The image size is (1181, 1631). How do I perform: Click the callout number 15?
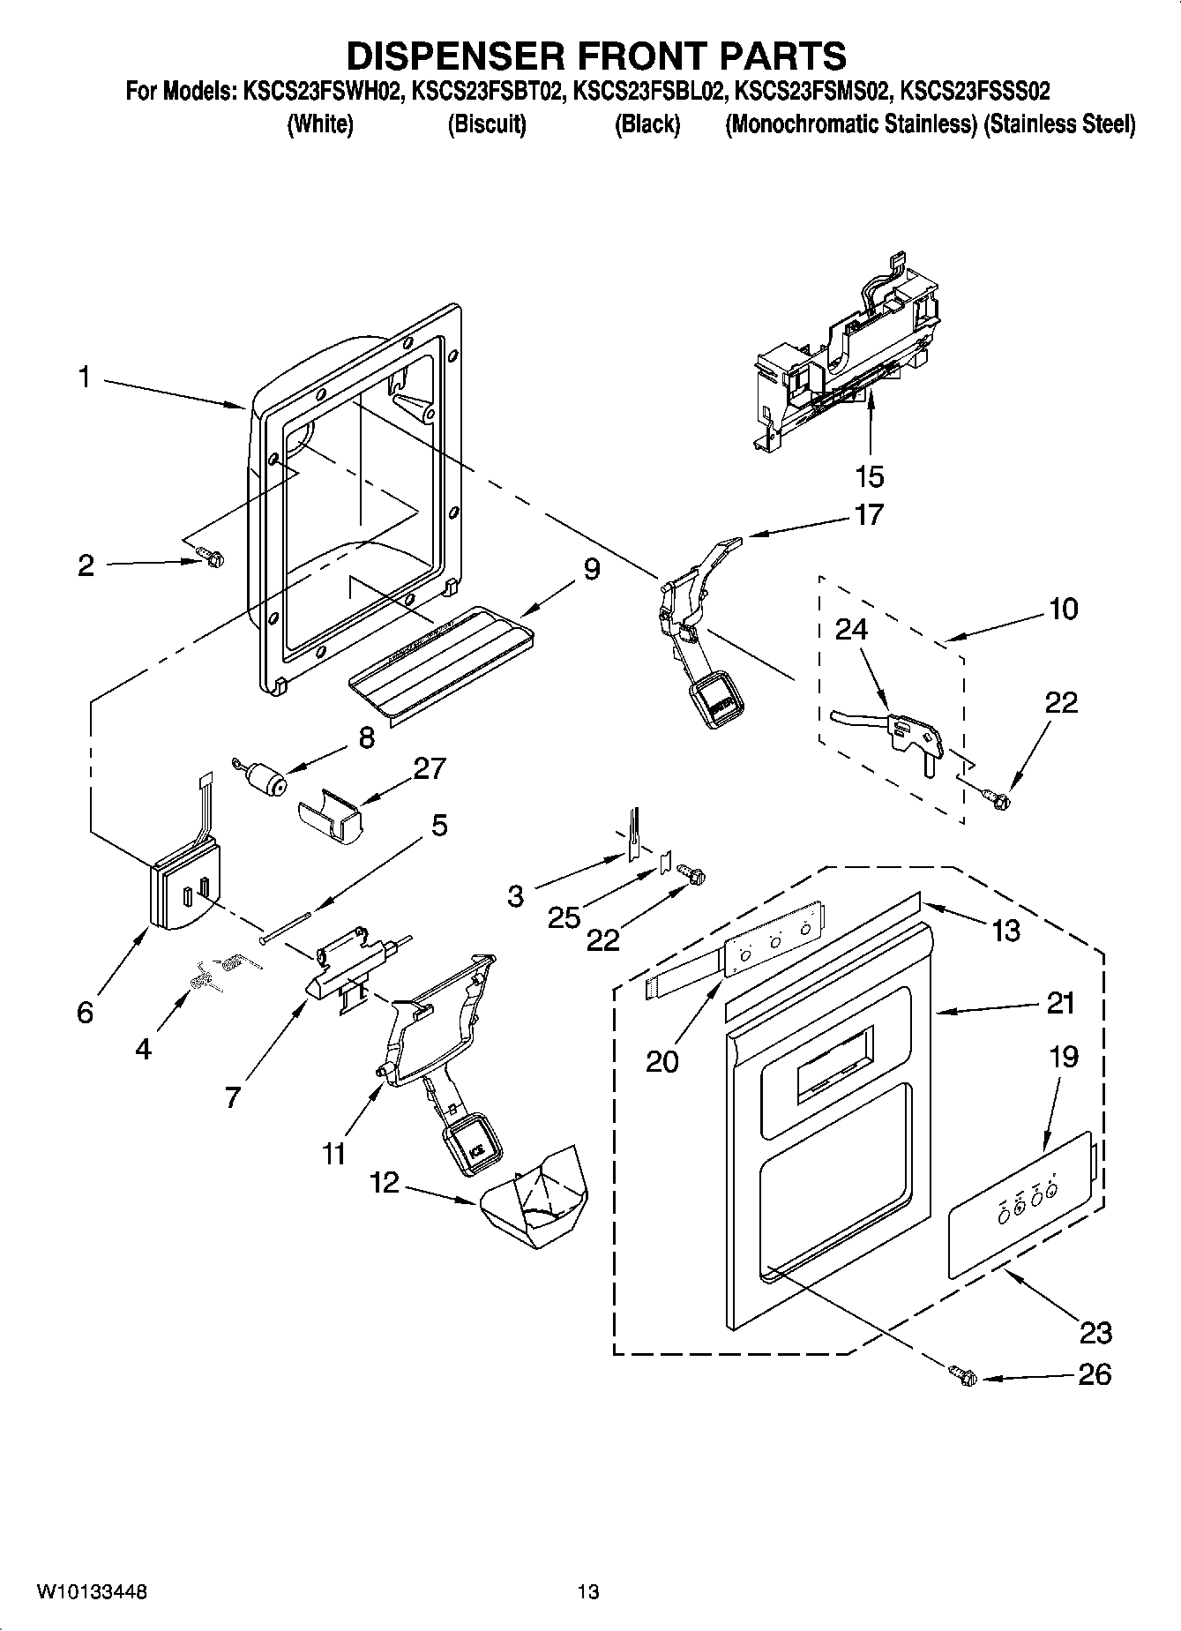pyautogui.click(x=870, y=476)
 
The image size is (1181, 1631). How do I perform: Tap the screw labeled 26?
pyautogui.click(x=962, y=1374)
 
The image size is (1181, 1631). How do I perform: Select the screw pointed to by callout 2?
pyautogui.click(x=211, y=557)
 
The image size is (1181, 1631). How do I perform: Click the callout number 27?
pyautogui.click(x=429, y=768)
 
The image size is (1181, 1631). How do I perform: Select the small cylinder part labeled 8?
pyautogui.click(x=263, y=780)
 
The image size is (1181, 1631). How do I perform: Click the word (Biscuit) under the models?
pyautogui.click(x=487, y=124)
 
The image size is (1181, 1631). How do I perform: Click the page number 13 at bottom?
pyautogui.click(x=588, y=1592)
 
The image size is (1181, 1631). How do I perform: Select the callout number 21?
pyautogui.click(x=1061, y=1003)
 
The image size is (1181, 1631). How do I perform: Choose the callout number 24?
pyautogui.click(x=851, y=629)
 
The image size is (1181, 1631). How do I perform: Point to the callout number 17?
pyautogui.click(x=869, y=514)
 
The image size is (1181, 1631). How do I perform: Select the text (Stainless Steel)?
pyautogui.click(x=1059, y=124)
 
